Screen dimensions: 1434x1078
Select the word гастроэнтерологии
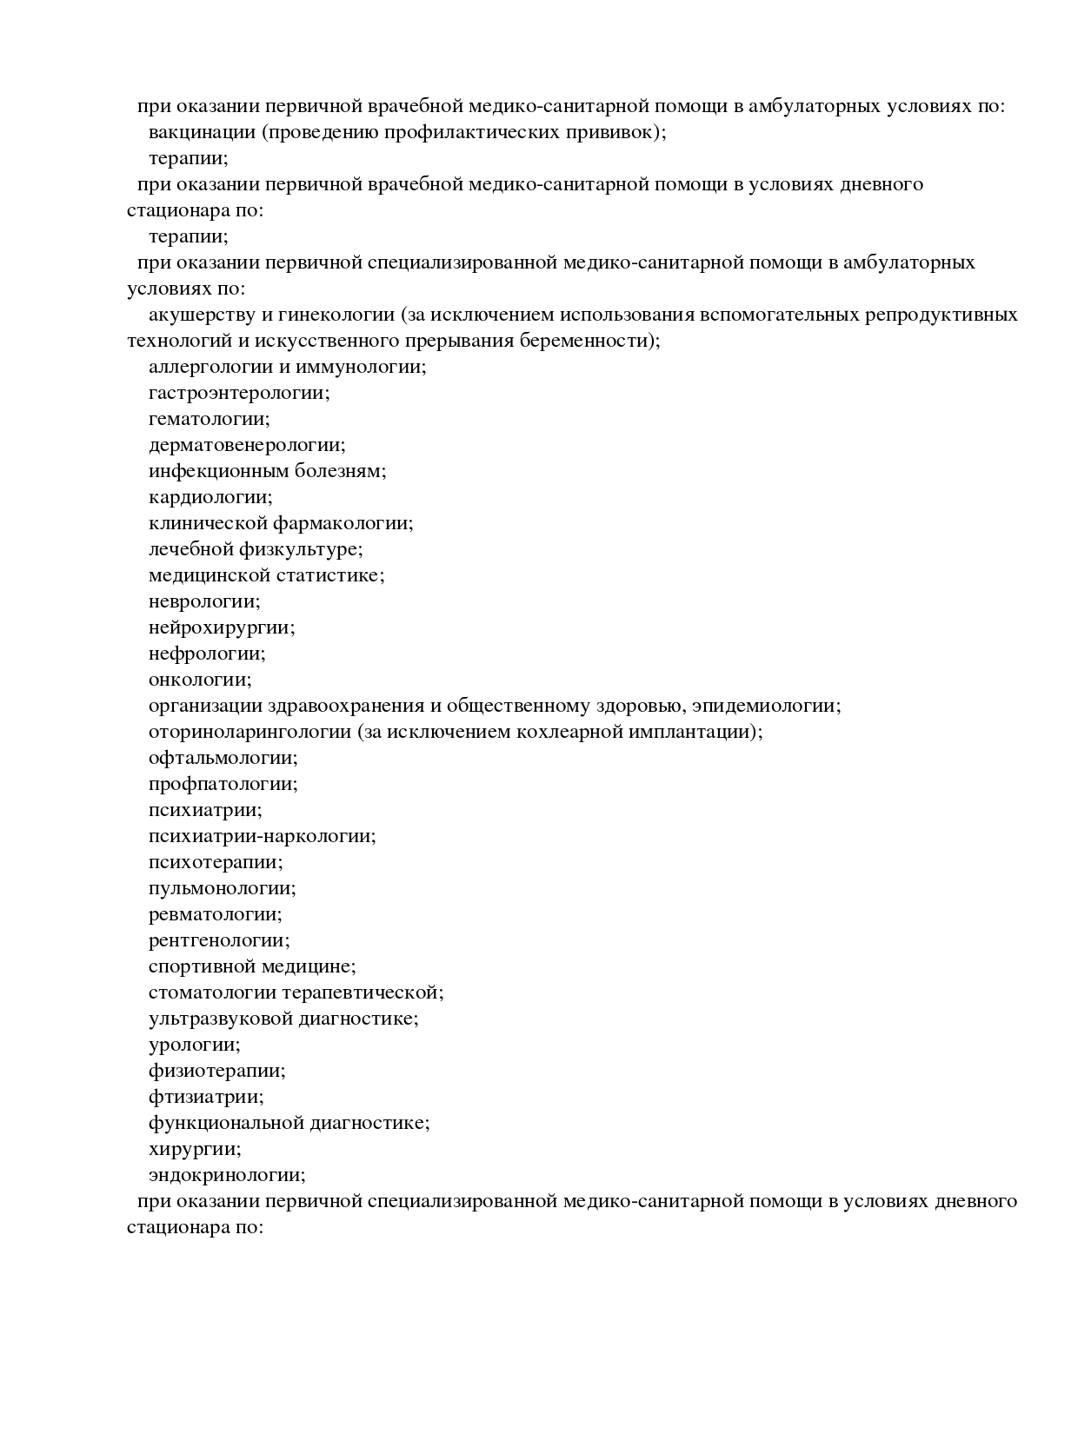(238, 393)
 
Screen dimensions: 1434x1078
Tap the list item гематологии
(208, 419)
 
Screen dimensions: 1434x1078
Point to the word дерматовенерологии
(246, 445)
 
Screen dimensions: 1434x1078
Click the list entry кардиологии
(210, 497)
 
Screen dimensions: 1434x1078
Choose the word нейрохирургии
(221, 627)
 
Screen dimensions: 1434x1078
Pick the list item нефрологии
(206, 654)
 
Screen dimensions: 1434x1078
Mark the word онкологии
(199, 680)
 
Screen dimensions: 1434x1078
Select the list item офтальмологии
(223, 758)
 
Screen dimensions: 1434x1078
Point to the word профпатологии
(223, 784)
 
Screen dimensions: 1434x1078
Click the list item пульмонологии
(222, 888)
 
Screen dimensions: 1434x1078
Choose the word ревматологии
(215, 914)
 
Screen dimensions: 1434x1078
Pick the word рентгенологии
(218, 940)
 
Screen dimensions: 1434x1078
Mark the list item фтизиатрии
(205, 1097)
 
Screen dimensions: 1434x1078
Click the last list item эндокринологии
(226, 1175)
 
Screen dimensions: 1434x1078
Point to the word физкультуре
(311, 549)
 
